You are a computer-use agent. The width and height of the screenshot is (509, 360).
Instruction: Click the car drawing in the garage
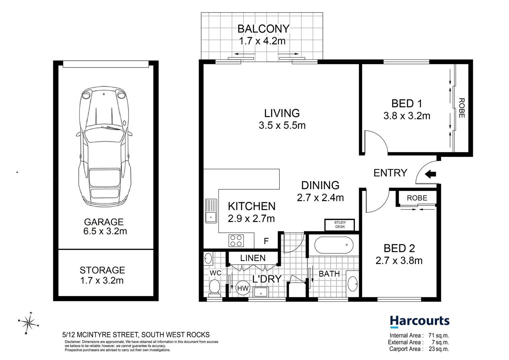(x=104, y=147)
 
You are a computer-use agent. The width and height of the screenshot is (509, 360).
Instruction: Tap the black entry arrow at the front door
(x=430, y=174)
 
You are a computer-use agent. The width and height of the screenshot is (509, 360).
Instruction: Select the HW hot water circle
(x=243, y=288)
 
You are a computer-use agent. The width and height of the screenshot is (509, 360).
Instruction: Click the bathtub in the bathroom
(x=333, y=245)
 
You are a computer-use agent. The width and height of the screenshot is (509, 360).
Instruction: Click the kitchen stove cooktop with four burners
(x=236, y=241)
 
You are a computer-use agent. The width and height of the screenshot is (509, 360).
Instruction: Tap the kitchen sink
(x=211, y=211)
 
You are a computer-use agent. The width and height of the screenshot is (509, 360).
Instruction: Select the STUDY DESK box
(x=340, y=225)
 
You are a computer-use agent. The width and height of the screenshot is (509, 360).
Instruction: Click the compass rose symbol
(x=29, y=323)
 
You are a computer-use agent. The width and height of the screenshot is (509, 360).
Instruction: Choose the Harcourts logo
(x=419, y=321)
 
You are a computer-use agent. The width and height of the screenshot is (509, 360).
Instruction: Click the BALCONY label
(x=263, y=29)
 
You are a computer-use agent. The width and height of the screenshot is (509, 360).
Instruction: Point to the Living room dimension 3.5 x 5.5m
(x=282, y=125)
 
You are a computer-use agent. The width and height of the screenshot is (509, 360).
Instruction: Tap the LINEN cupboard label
(x=253, y=258)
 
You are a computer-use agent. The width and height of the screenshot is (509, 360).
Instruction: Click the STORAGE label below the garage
(x=102, y=270)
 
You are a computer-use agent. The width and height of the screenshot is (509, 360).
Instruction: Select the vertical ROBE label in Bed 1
(x=461, y=108)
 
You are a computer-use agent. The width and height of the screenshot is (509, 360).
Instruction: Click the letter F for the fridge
(x=266, y=241)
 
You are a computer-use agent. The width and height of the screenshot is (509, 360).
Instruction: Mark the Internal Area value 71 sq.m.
(x=438, y=336)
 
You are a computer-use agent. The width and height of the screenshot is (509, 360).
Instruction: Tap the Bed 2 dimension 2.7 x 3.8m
(x=399, y=261)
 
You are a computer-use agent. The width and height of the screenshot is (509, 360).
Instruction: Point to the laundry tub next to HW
(x=261, y=292)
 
